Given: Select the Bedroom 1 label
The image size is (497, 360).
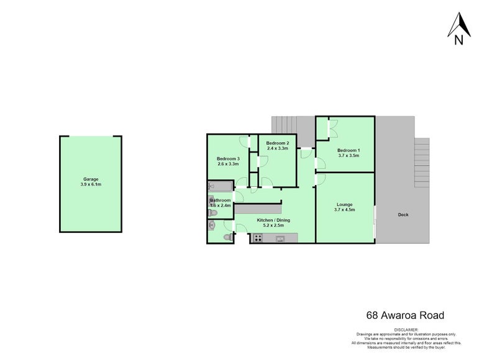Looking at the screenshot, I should (349, 150).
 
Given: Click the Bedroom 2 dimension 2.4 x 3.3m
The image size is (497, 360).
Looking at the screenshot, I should (278, 148).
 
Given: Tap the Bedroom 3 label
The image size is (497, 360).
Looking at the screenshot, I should (229, 159).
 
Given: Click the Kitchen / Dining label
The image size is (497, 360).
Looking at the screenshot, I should (273, 220).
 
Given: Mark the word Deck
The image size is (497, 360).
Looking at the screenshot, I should (404, 215).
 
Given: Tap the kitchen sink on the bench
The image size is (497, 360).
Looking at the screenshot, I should (280, 237).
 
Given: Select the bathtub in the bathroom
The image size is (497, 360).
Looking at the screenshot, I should (220, 186).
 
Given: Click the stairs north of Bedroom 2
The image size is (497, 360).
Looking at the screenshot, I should (285, 124).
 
